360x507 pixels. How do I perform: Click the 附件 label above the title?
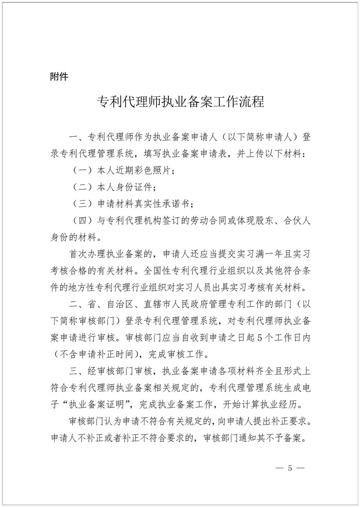[59, 76]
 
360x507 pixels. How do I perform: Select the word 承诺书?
[176, 203]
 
